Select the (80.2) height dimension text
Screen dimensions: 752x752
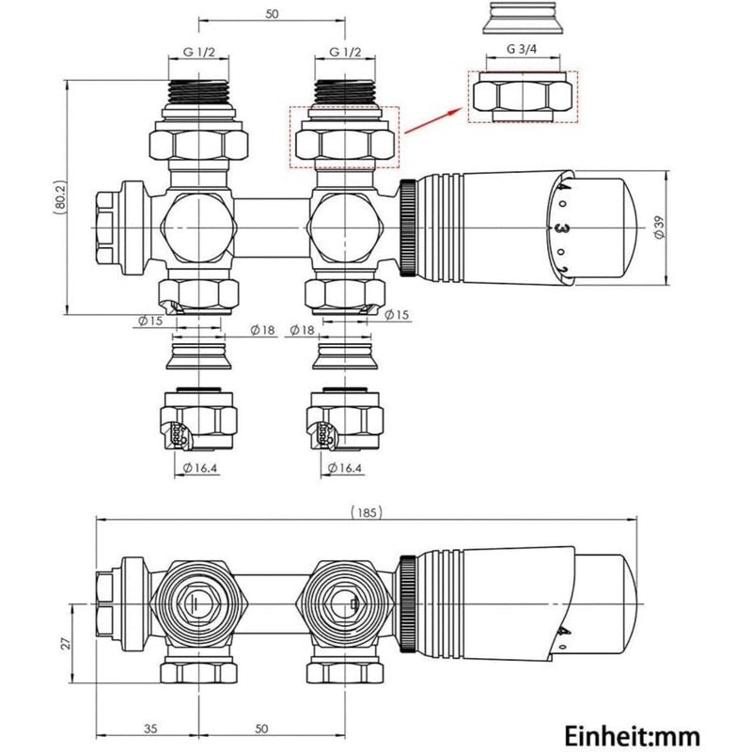(x=58, y=197)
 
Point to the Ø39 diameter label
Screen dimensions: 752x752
(x=659, y=226)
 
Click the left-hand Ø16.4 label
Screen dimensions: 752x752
(x=196, y=466)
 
